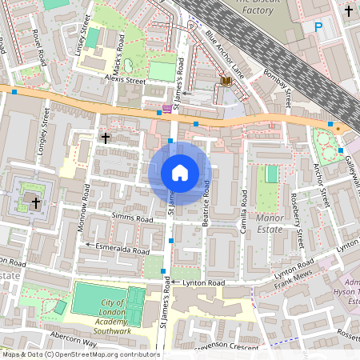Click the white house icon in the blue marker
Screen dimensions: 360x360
[180, 173]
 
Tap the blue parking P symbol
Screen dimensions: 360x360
[318, 27]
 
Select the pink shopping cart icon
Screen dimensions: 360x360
[166, 107]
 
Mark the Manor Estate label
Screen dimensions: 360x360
[269, 223]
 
